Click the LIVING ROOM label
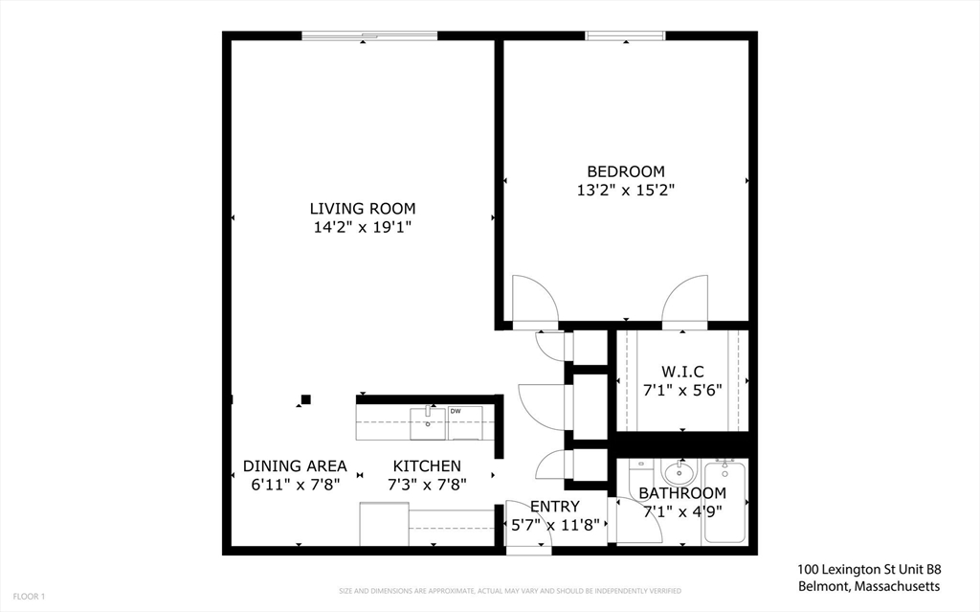point(363,209)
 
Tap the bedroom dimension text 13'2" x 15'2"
point(626,190)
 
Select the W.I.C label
point(682,372)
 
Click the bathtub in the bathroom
point(725,502)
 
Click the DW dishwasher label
point(455,411)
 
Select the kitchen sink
point(428,423)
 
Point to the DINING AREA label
point(295,466)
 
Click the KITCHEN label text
point(427,466)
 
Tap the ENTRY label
point(555,507)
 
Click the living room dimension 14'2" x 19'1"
point(363,227)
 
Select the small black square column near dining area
point(305,399)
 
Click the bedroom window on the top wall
point(626,35)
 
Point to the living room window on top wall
point(369,35)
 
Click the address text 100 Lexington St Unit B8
point(869,570)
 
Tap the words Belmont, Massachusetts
point(869,586)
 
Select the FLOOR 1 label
point(29,597)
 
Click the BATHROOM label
point(682,493)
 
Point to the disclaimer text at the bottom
point(510,591)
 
